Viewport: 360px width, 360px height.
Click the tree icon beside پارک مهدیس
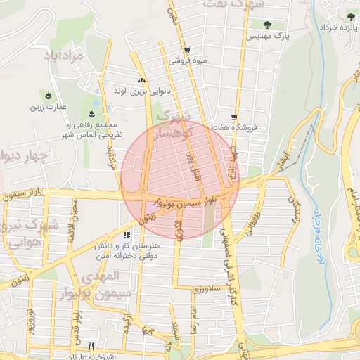click(266, 25)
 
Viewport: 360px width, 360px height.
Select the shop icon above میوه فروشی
click(187, 51)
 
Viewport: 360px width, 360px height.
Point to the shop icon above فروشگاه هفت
click(234, 117)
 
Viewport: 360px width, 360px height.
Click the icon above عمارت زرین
click(48, 95)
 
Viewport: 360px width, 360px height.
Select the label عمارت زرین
click(48, 107)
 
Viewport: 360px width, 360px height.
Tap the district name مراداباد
click(67, 54)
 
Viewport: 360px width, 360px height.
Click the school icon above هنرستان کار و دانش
click(127, 236)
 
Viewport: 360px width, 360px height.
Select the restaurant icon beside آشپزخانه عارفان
click(91, 347)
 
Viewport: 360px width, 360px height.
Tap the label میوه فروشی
click(187, 61)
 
